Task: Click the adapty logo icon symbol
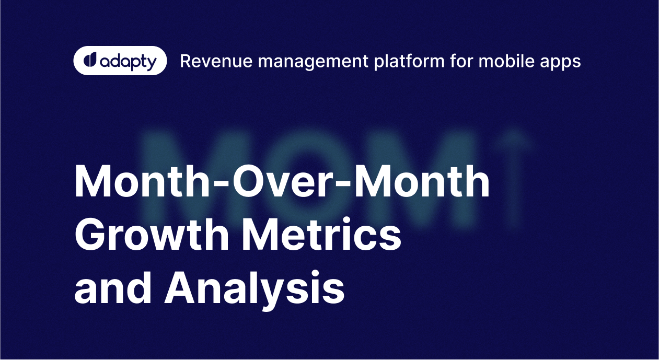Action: point(90,61)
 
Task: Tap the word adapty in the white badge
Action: point(127,62)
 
